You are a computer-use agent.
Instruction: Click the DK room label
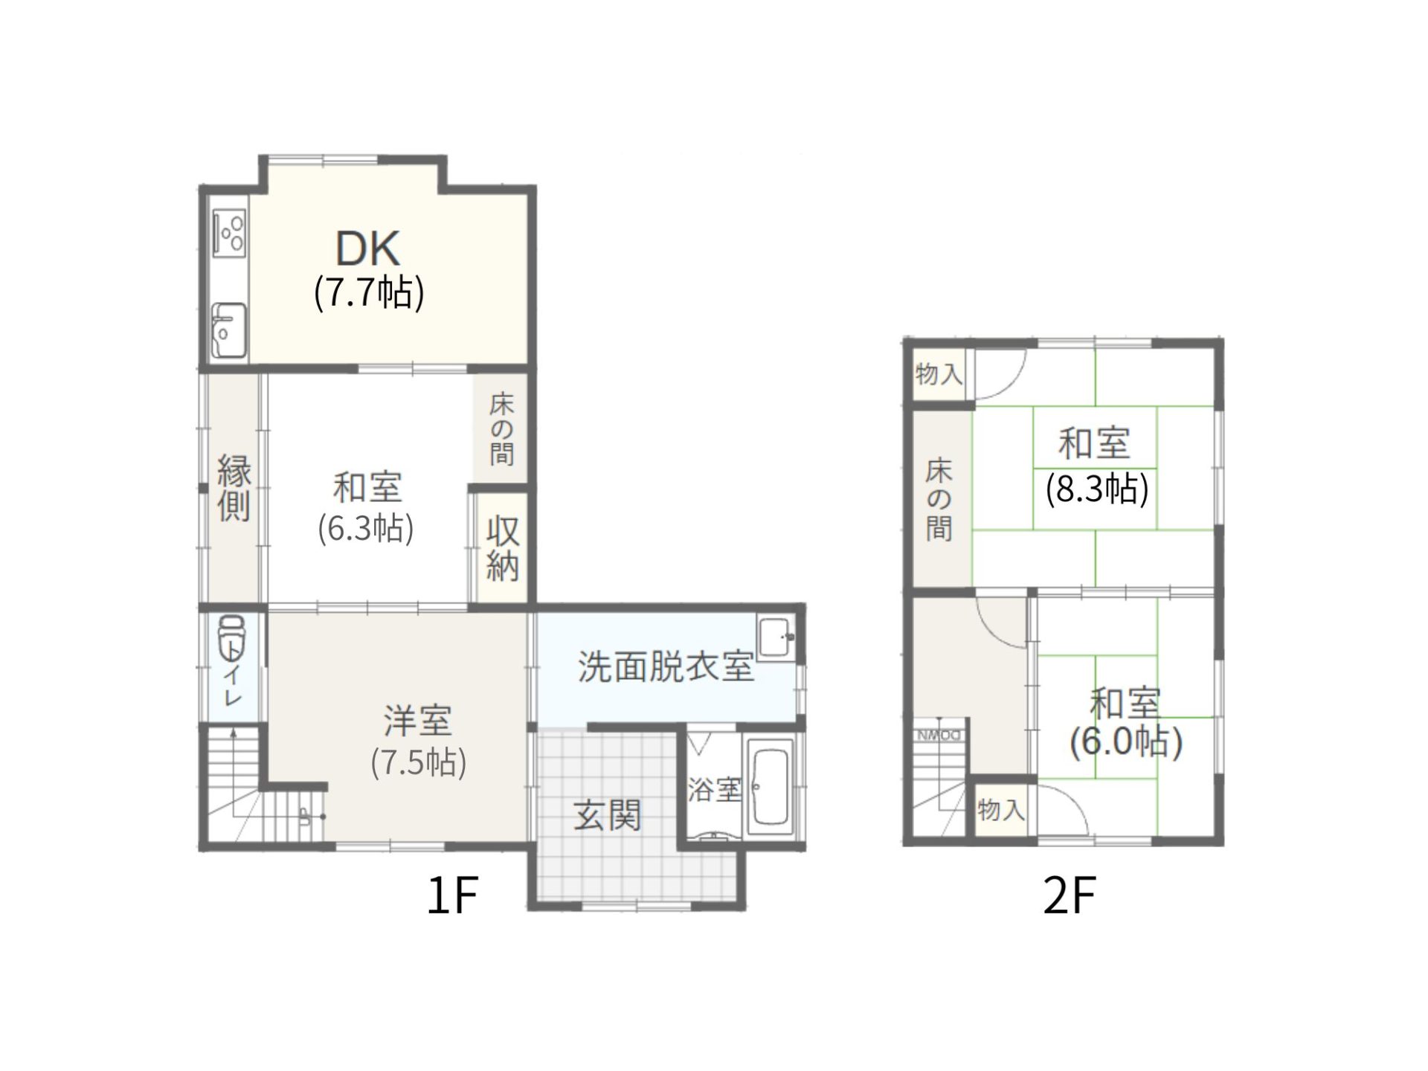click(x=368, y=248)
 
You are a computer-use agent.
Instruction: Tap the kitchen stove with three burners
click(x=229, y=231)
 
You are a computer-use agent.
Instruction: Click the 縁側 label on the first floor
click(x=234, y=488)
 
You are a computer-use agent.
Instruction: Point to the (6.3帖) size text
click(x=366, y=529)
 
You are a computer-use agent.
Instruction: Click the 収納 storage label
click(x=503, y=549)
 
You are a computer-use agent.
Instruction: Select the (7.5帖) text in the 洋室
click(x=419, y=762)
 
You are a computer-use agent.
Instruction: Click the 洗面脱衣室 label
click(x=666, y=666)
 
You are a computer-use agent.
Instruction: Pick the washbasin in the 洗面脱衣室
click(x=776, y=637)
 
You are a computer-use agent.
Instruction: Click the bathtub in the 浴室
click(x=770, y=786)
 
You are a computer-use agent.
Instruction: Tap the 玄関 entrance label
click(x=607, y=816)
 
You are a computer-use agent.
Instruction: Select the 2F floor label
click(x=1070, y=895)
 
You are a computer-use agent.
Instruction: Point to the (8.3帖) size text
click(x=1097, y=489)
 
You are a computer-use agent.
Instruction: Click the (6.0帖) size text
click(x=1126, y=742)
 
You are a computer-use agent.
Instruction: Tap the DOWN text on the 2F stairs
click(x=939, y=736)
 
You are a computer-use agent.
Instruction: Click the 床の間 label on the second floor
click(x=939, y=500)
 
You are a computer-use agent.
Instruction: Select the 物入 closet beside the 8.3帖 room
click(x=939, y=373)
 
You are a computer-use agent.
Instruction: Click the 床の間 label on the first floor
click(x=502, y=429)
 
